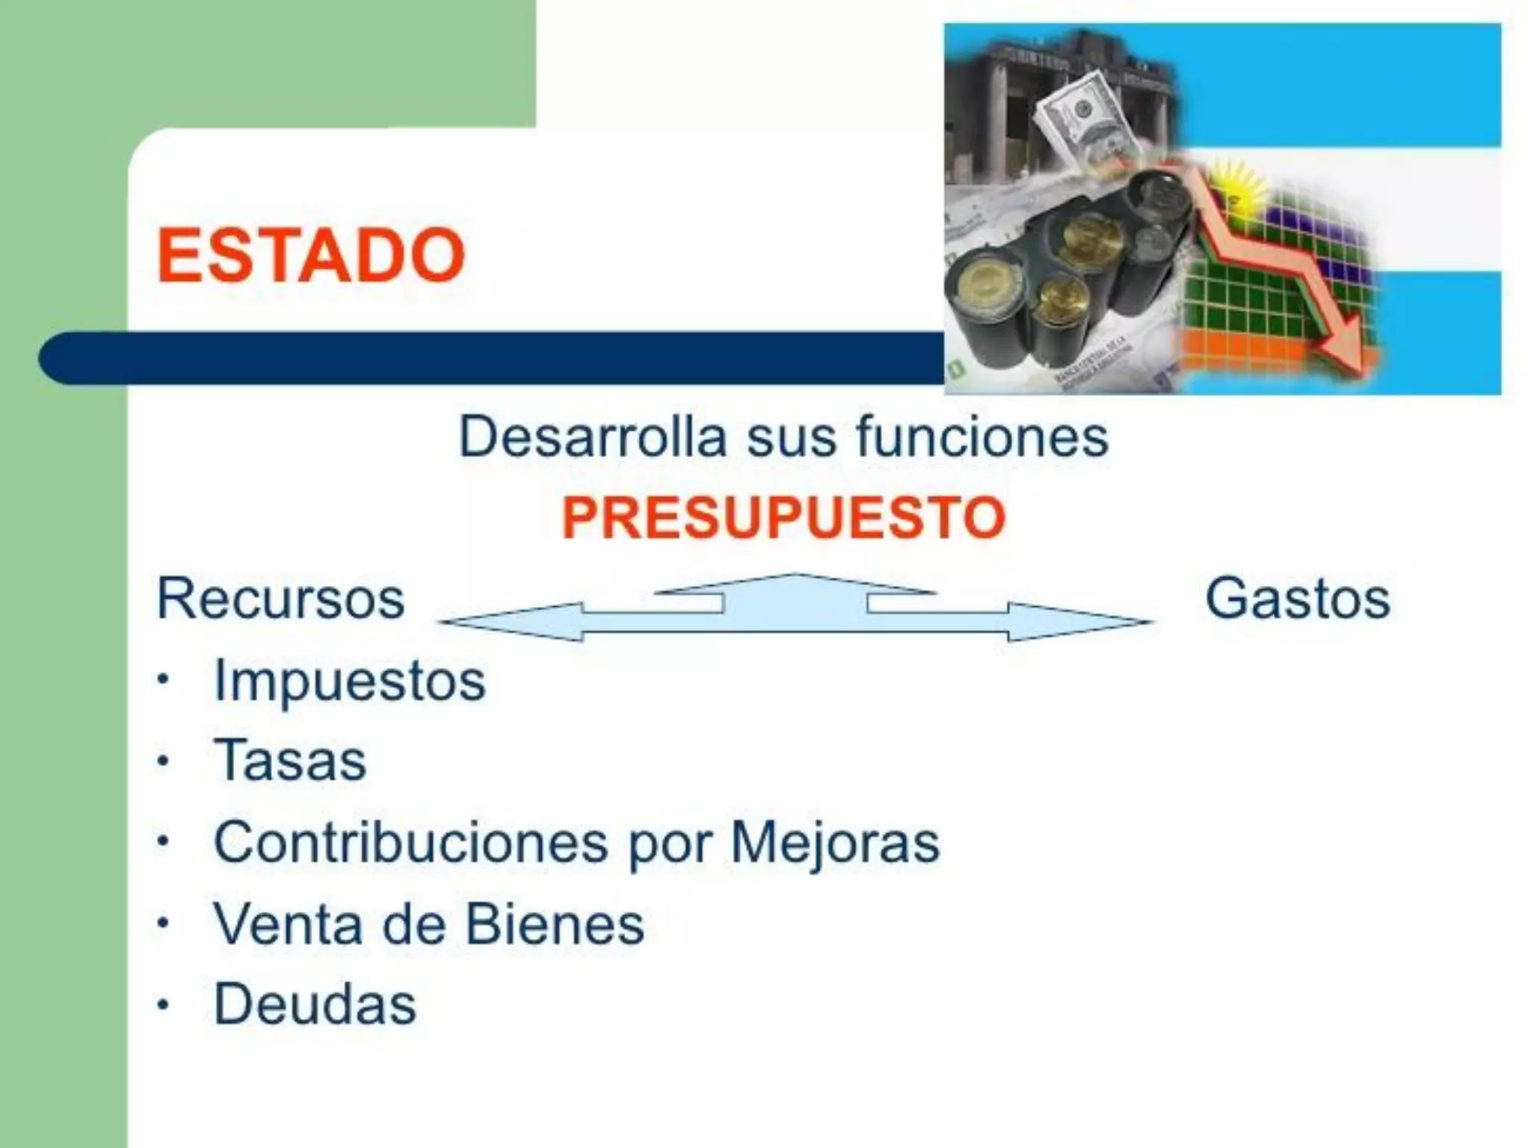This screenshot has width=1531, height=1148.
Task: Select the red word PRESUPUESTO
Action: [783, 517]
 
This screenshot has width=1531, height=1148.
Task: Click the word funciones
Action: [982, 437]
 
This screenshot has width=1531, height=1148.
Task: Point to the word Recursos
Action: [280, 599]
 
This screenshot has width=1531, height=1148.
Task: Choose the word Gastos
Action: [1297, 599]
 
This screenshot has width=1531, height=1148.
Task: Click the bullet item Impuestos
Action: [349, 681]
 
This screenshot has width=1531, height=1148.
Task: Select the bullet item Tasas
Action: [290, 761]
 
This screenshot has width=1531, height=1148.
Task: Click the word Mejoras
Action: [834, 842]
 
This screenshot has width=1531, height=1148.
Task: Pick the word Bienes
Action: [555, 924]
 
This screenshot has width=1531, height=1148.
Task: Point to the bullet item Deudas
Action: [315, 1004]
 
